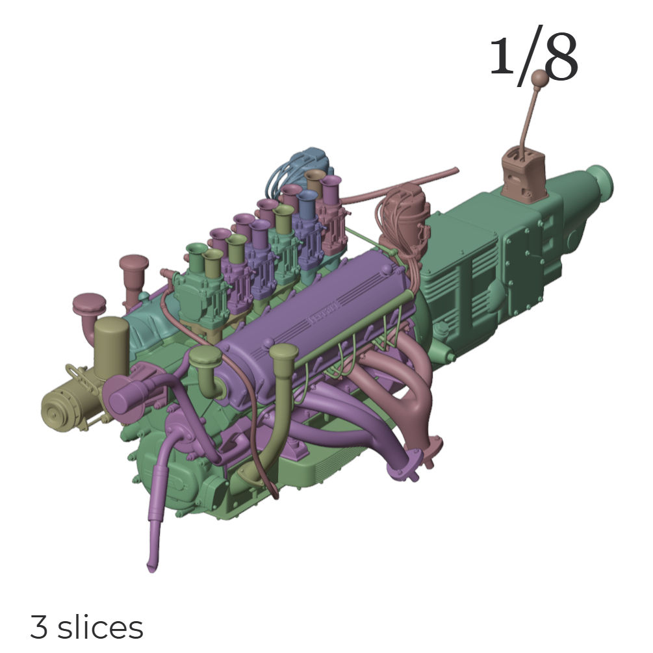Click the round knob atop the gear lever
540,77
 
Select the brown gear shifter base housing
524,175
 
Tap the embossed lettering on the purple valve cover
324,314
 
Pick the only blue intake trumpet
307,203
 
